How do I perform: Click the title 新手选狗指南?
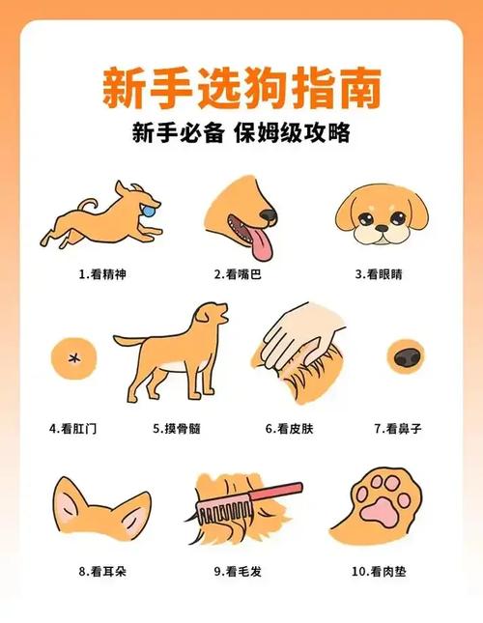click(x=241, y=88)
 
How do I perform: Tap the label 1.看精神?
click(x=102, y=274)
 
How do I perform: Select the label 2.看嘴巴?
click(x=239, y=274)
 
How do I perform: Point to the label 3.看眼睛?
click(x=379, y=274)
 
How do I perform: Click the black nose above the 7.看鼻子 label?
click(x=404, y=355)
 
